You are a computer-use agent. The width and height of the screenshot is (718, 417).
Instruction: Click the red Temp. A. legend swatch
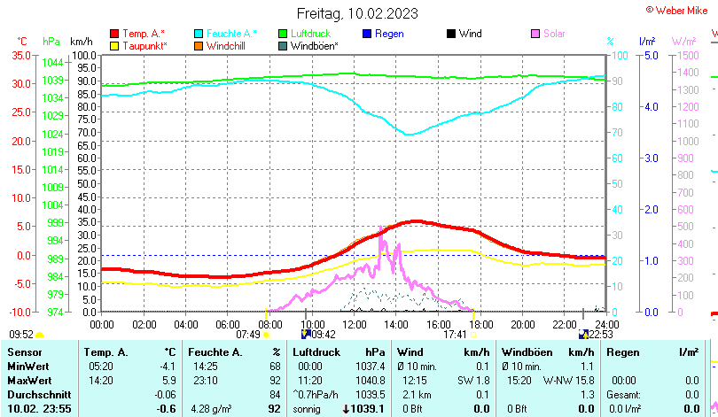click(114, 34)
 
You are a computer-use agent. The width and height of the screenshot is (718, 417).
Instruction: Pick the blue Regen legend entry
click(388, 34)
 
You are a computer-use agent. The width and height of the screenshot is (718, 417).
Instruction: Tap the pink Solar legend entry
click(553, 34)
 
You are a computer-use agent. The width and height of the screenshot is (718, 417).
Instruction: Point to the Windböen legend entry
click(313, 45)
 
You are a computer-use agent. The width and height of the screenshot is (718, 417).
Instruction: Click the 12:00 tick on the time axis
click(354, 323)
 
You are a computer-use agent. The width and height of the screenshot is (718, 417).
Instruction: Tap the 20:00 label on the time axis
click(523, 323)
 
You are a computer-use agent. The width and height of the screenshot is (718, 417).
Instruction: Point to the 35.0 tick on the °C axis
click(22, 55)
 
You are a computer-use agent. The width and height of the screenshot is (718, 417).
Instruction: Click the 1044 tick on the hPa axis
click(52, 63)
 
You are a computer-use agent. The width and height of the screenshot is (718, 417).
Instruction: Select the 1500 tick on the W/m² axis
click(688, 55)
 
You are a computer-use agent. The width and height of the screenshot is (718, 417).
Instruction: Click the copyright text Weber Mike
click(680, 9)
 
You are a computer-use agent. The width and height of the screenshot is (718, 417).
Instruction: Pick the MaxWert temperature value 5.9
click(167, 380)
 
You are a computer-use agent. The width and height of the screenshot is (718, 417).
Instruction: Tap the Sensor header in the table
click(25, 351)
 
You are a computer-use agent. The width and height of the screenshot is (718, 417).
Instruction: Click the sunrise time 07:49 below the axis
click(249, 334)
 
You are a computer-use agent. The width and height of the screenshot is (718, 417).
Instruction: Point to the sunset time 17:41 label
click(455, 334)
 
